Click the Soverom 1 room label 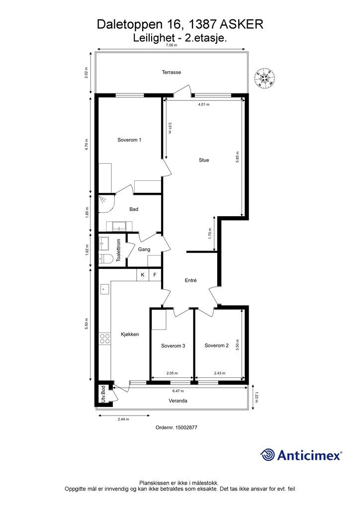[x=129, y=140]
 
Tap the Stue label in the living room [x=204, y=160]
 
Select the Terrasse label [x=172, y=72]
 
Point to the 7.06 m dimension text [x=172, y=45]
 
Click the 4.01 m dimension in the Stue [x=204, y=104]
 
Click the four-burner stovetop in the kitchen [x=104, y=339]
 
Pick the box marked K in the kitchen [x=143, y=275]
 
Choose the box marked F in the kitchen [x=155, y=275]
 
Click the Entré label [x=190, y=280]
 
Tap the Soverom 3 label [x=173, y=346]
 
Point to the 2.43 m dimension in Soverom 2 [x=220, y=373]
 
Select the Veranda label [x=178, y=401]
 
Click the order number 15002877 [x=186, y=427]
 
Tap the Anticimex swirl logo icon [x=268, y=454]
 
